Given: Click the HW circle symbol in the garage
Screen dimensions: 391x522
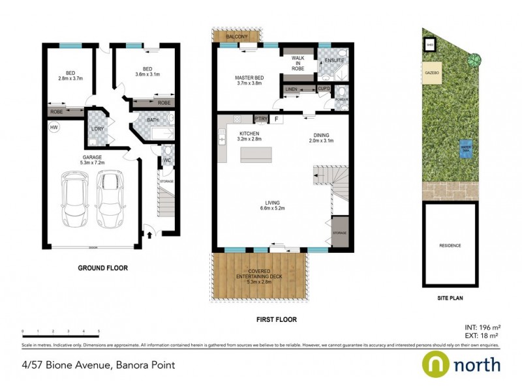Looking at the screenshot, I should pos(53,128).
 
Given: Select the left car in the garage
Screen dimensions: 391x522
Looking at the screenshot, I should pos(74,198).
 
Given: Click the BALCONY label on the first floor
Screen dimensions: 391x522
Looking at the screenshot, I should pos(236,37).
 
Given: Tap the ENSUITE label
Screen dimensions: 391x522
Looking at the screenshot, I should pos(334,61).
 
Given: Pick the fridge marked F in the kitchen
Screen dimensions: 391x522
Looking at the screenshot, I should pos(276,119).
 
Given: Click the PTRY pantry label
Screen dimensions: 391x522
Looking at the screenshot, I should pos(260,119).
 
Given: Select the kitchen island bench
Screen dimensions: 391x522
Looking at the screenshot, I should pos(256,154).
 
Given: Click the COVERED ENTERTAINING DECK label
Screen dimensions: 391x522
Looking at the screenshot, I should pos(260,275).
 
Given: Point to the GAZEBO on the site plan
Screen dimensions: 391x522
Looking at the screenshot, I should pos(432,72).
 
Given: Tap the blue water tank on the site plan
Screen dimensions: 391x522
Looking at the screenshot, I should pos(466,147).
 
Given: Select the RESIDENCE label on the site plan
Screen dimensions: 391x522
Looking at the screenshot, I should pos(450,246).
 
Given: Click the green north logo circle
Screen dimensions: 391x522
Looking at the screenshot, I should pos(436,364).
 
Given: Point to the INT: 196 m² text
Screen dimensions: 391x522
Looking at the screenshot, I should pos(482,327).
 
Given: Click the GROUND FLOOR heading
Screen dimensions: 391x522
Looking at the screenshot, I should pos(102,268).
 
